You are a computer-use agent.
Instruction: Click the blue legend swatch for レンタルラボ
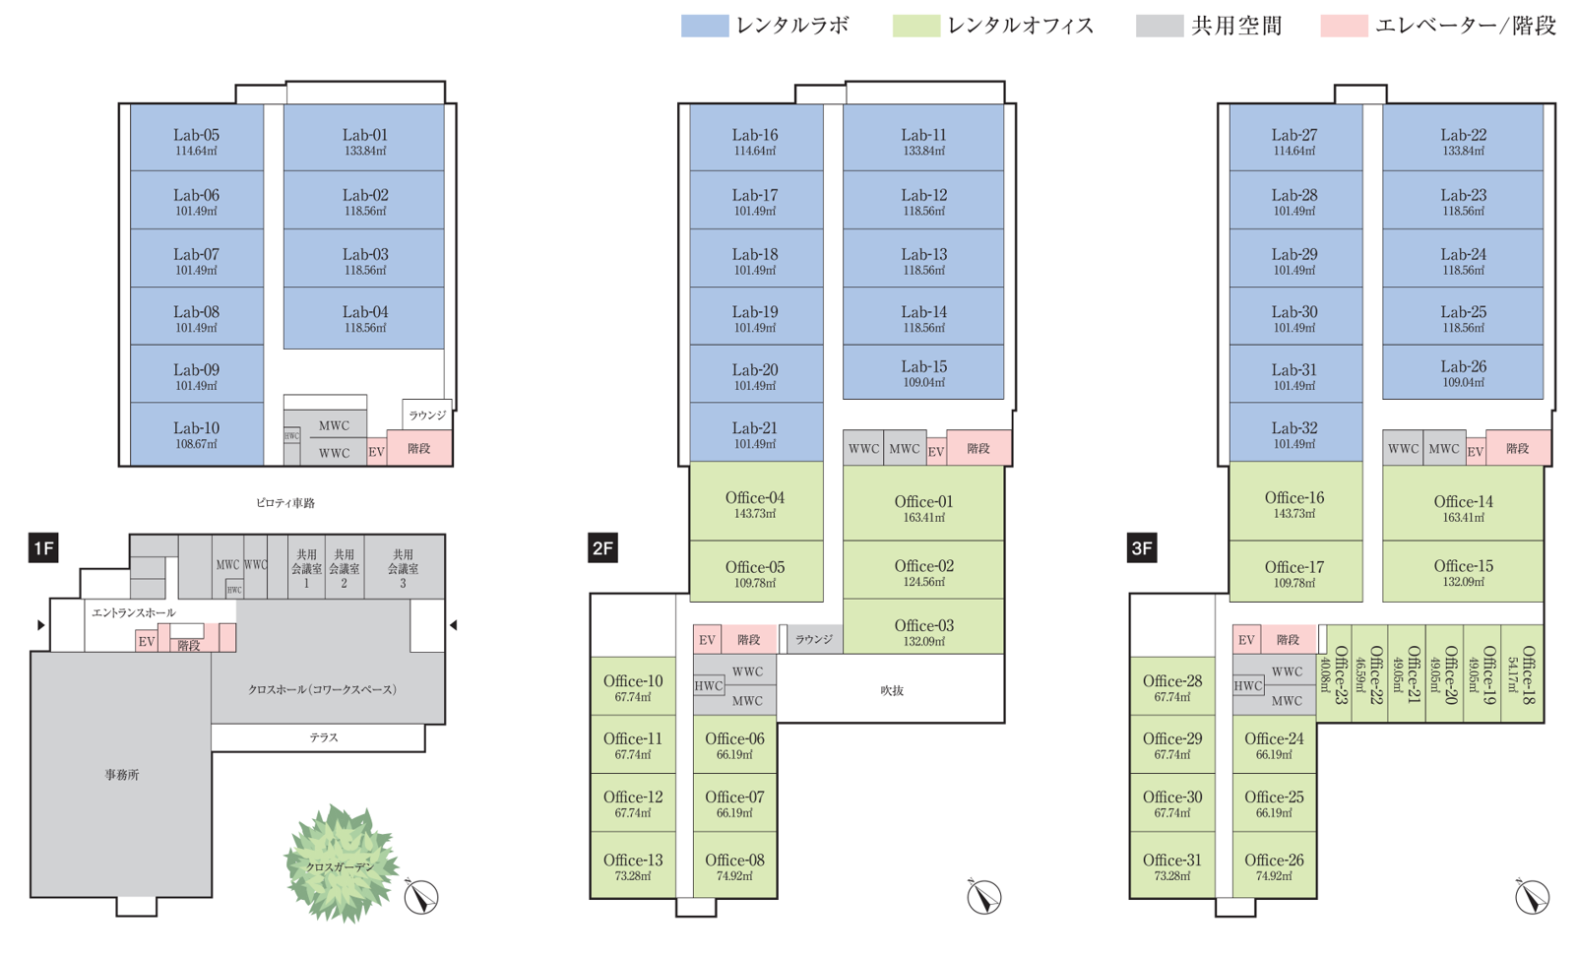(704, 26)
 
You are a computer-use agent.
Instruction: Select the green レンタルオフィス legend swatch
(915, 26)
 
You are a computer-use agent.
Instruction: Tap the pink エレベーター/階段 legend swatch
(1343, 26)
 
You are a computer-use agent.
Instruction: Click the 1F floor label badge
(43, 548)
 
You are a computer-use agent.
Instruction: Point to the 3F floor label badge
(1141, 548)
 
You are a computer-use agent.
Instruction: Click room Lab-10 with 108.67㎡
(197, 434)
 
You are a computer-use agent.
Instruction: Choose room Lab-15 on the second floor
(923, 372)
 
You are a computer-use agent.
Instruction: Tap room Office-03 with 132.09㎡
(923, 630)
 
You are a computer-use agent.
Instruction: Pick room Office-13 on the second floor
(633, 865)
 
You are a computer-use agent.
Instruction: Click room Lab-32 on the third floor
(1294, 434)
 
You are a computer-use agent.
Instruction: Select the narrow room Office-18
(1525, 674)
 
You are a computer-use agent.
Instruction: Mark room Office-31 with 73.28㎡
(1172, 865)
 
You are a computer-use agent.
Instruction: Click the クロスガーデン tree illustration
(341, 863)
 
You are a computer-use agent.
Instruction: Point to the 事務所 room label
(122, 775)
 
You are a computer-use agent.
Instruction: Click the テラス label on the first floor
(323, 737)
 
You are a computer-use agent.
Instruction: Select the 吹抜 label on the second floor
(891, 690)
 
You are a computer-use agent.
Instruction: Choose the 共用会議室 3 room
(403, 567)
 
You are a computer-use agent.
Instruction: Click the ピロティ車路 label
(285, 502)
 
